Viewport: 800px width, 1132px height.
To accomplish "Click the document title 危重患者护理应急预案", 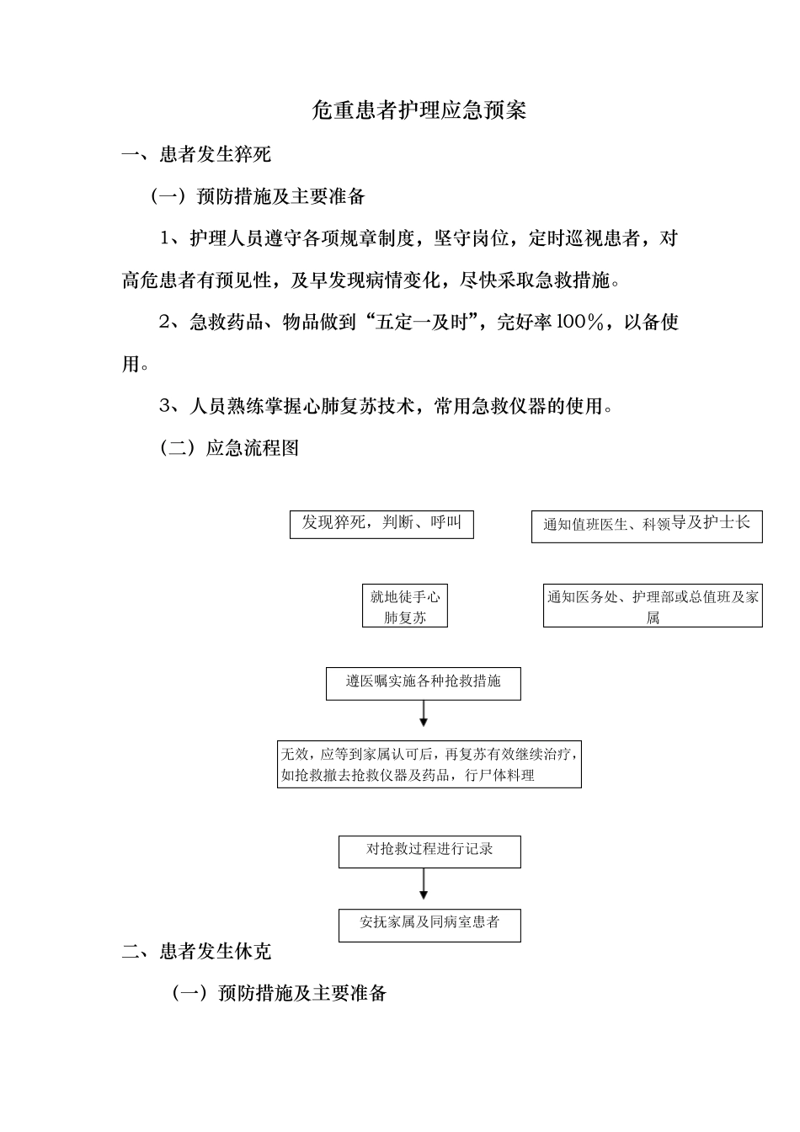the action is pyautogui.click(x=419, y=110).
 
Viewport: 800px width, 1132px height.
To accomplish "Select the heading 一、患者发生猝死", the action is pyautogui.click(x=196, y=154).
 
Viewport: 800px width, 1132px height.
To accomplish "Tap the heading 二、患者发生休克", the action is pyautogui.click(x=196, y=952).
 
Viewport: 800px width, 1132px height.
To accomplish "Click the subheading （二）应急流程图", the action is pyautogui.click(x=229, y=448).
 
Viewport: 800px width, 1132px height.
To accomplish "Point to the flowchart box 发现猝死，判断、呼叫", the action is pyautogui.click(x=381, y=524).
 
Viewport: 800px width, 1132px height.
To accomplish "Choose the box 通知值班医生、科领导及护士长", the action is pyautogui.click(x=646, y=526).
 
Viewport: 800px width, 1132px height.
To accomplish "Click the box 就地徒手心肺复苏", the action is pyautogui.click(x=405, y=606).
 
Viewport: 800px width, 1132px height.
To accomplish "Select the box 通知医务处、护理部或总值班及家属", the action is pyautogui.click(x=653, y=606).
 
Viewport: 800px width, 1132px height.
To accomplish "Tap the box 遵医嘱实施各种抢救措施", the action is pyautogui.click(x=423, y=683).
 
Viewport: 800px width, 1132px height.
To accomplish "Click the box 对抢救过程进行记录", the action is pyautogui.click(x=429, y=851).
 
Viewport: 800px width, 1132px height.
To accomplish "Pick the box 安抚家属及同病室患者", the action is pyautogui.click(x=429, y=924).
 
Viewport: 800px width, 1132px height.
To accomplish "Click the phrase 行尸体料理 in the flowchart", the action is pyautogui.click(x=499, y=776).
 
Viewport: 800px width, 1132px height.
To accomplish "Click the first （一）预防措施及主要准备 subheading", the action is pyautogui.click(x=258, y=197).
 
